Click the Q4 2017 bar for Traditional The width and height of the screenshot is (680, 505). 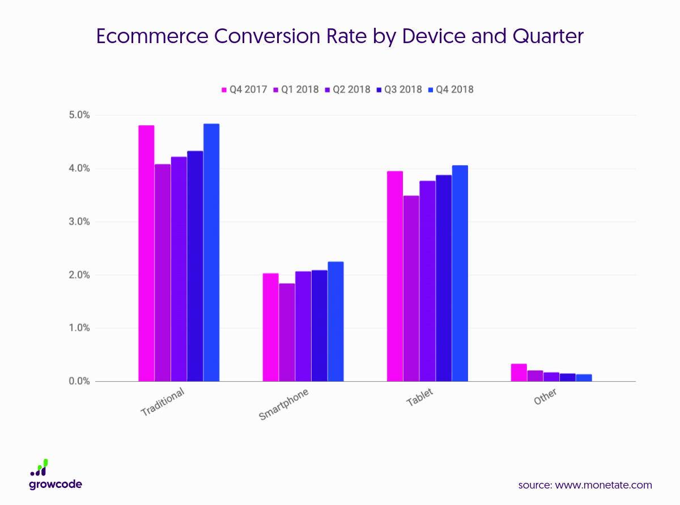(x=146, y=253)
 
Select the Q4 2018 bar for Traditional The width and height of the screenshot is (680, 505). (x=211, y=253)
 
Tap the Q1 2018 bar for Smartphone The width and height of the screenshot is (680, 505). (x=287, y=332)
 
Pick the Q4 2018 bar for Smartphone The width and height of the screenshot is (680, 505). (x=335, y=321)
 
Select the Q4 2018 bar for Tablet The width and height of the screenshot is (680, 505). (x=460, y=273)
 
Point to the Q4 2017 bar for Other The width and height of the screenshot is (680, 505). (x=519, y=372)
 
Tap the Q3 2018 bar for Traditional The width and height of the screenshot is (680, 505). (x=195, y=266)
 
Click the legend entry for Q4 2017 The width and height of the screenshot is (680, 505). (x=244, y=90)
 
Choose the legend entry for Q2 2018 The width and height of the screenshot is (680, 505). (x=347, y=90)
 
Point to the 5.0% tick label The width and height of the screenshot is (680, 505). (x=79, y=115)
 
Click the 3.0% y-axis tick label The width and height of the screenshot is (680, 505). (x=79, y=222)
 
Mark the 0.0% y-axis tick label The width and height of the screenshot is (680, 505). (x=79, y=381)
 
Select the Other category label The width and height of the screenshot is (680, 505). (x=545, y=397)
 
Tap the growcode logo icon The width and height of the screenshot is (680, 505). (x=39, y=468)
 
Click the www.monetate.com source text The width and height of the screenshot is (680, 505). (x=603, y=485)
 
